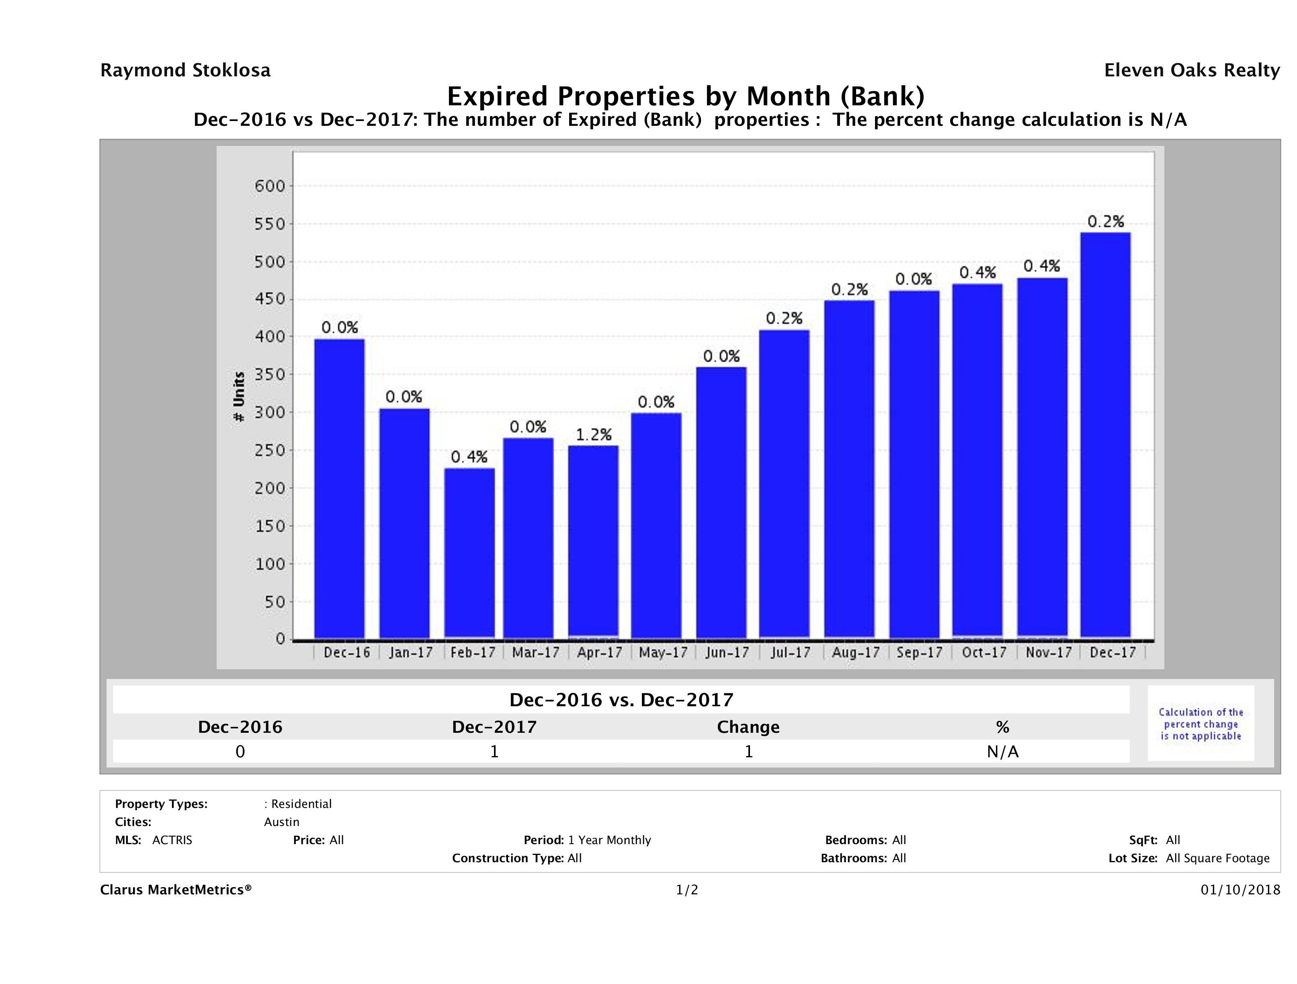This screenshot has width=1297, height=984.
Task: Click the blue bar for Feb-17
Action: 469,552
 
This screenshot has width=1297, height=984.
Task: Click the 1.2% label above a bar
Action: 593,435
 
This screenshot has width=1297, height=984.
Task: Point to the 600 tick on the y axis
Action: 270,187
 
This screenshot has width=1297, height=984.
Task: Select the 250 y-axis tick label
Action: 270,450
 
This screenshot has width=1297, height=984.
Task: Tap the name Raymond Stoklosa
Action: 185,70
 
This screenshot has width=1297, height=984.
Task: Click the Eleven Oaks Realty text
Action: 1191,70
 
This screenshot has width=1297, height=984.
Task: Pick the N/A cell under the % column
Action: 1002,751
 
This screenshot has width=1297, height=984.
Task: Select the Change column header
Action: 748,727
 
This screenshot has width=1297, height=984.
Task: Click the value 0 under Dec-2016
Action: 240,751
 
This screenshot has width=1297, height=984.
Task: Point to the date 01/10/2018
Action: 1240,890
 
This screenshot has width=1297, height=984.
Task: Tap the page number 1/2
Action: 686,890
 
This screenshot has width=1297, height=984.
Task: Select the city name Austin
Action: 281,822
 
